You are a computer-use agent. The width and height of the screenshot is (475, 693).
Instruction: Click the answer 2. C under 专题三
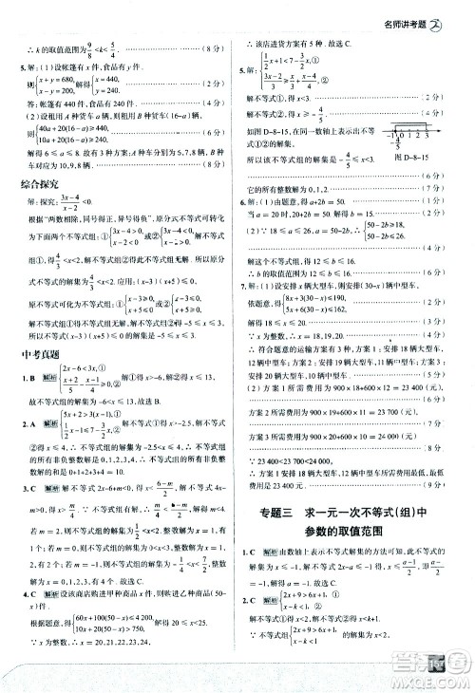point(249,600)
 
